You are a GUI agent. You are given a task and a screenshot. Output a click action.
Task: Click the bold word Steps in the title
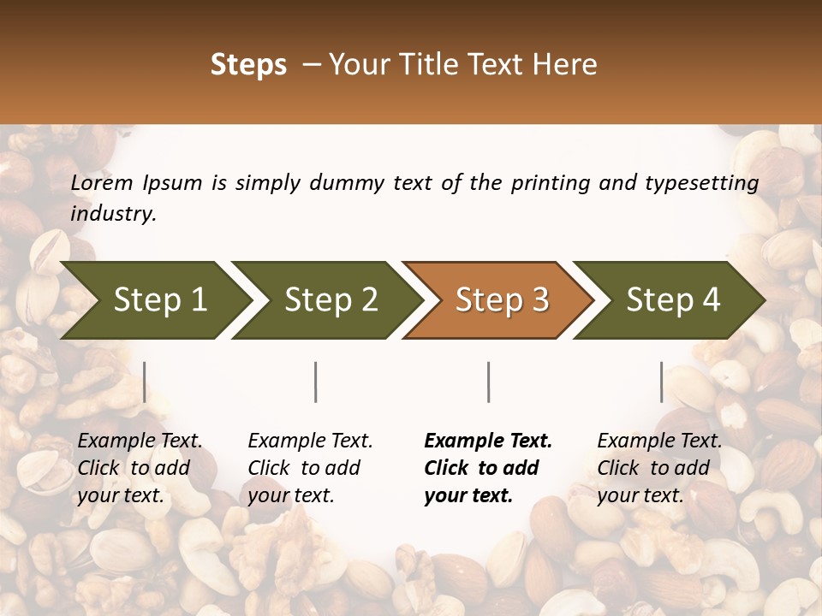click(248, 65)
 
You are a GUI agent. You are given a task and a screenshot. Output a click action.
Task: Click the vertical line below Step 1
click(145, 382)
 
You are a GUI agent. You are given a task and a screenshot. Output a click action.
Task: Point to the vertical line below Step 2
click(316, 382)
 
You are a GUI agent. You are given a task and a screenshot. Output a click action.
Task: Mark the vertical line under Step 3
click(489, 382)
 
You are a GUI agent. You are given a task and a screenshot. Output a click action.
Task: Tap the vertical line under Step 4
click(661, 382)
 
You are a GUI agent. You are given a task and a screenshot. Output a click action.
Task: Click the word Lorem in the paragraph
click(102, 183)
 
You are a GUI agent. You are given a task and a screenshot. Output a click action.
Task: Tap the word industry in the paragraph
click(113, 214)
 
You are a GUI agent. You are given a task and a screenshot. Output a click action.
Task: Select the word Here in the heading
click(566, 65)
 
